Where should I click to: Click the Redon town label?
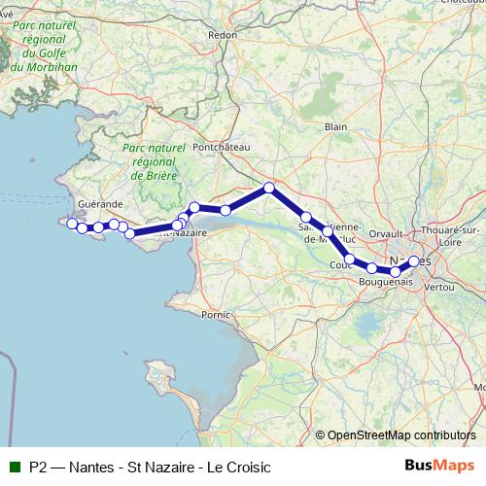222,34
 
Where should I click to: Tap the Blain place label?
336,126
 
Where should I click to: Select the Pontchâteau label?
222,147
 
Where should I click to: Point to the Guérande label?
100,204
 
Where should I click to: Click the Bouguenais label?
386,281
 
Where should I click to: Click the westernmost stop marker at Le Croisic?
71,223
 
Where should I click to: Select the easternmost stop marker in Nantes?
414,261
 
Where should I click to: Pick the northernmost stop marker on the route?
269,187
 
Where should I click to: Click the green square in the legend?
15,467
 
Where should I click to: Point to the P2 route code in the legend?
38,467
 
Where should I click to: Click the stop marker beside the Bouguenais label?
372,267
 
